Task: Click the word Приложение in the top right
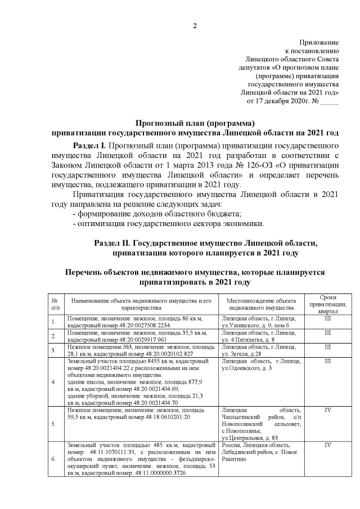coord(319,42)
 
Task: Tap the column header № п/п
coord(55,304)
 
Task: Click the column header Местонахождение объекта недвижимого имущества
coord(260,304)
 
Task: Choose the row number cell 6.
coord(53,459)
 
